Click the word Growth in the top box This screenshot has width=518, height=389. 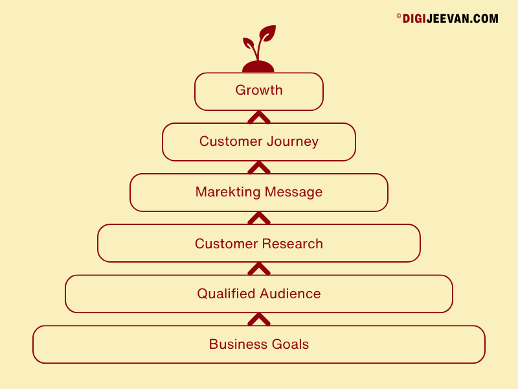(x=259, y=90)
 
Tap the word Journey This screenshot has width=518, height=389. (x=293, y=141)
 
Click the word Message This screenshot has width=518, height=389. (x=294, y=192)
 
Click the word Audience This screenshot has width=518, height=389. (x=290, y=294)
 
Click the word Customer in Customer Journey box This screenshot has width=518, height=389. (x=231, y=141)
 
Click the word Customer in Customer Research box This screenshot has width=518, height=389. (x=226, y=244)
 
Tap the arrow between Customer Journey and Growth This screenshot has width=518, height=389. (x=259, y=117)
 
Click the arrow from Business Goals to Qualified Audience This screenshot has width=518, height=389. (x=259, y=320)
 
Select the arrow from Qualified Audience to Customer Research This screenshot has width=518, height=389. (x=259, y=269)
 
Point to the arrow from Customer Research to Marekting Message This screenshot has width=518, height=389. (x=259, y=218)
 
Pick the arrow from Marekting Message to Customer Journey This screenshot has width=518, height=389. (x=259, y=168)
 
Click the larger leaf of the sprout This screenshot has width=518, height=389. (x=268, y=33)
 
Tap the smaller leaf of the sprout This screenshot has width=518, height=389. (x=249, y=43)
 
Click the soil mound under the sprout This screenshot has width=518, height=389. (x=258, y=67)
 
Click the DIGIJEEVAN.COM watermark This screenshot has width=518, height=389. (x=447, y=19)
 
